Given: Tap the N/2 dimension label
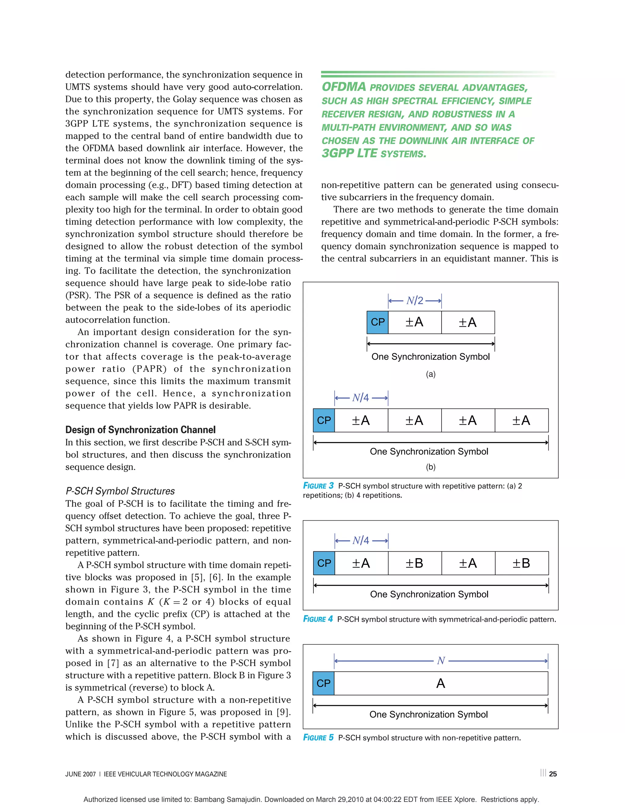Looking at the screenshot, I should point(415,300).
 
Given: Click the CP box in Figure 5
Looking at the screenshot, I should point(323,683).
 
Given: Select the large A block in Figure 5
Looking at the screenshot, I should point(441,683).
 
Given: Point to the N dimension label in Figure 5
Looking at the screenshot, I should point(441,661).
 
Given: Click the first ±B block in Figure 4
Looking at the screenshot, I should point(414,563).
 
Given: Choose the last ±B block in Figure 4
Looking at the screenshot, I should point(521,563).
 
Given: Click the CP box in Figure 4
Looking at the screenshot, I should point(324,563).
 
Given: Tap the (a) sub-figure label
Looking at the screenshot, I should point(431,374).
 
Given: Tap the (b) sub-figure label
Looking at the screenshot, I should point(431,467).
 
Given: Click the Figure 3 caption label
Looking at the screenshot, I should point(318,486).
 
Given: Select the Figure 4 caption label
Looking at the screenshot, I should point(318,619).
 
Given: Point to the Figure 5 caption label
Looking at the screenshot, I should point(318,738).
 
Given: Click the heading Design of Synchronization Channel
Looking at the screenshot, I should point(140,430).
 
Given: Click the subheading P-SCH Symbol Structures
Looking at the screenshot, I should point(120,491).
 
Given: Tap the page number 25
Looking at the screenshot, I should point(553,774).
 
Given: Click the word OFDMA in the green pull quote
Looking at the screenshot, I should point(344,87).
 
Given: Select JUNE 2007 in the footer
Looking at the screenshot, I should point(80,774).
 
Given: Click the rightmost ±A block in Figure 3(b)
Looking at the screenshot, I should point(521,420).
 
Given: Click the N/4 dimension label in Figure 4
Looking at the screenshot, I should point(361,540).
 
